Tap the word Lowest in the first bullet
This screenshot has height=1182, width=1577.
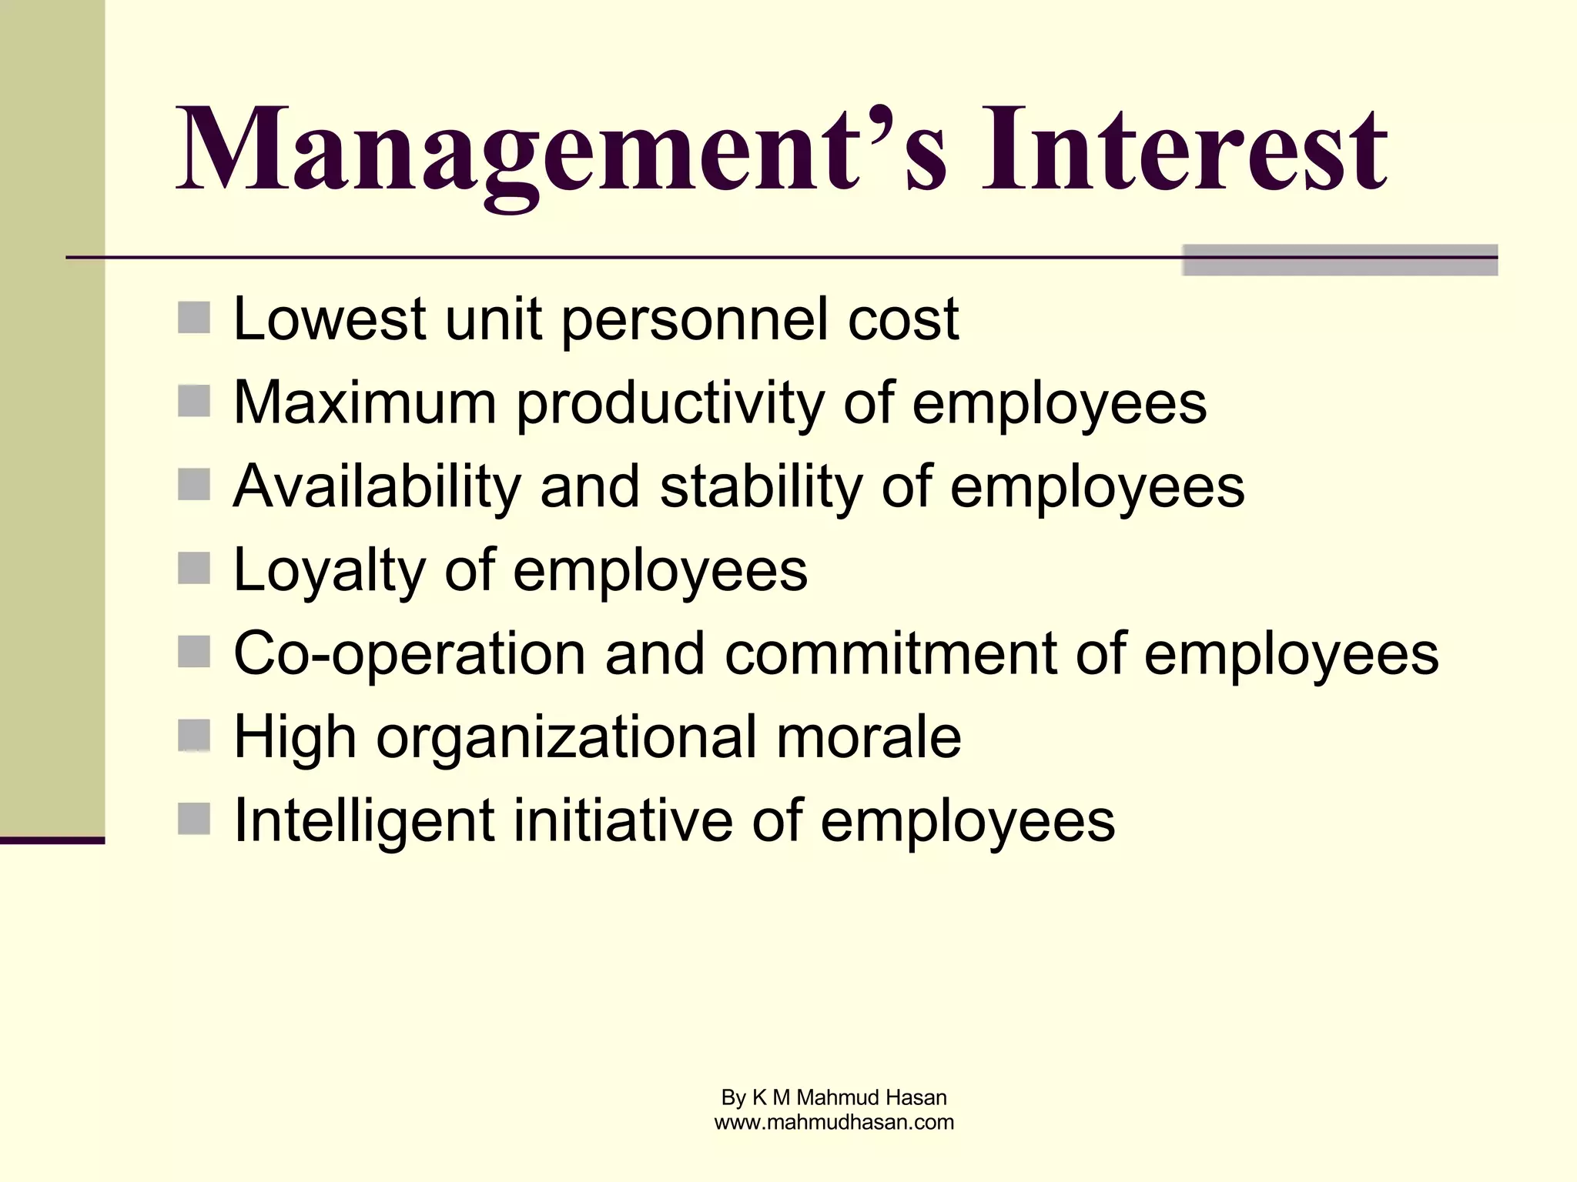[x=330, y=319]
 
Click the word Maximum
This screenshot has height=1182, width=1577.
[x=364, y=403]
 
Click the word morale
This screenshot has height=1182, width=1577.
[x=869, y=737]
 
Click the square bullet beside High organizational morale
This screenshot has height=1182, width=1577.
[x=193, y=735]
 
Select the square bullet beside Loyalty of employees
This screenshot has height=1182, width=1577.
[x=193, y=569]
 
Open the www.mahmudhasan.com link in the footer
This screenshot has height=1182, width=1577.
[x=834, y=1123]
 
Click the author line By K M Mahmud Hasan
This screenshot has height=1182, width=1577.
[x=834, y=1097]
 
